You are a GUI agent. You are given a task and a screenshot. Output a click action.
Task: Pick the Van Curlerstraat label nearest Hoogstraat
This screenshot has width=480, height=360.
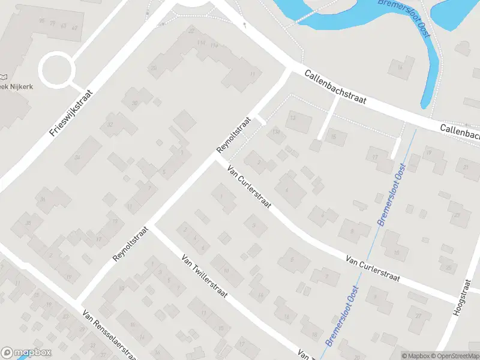coord(373,268)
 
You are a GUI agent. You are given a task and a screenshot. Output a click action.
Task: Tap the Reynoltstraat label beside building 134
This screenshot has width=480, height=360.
coord(233,135)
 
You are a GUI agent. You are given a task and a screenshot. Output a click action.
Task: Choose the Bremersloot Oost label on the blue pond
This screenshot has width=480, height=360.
coord(405,18)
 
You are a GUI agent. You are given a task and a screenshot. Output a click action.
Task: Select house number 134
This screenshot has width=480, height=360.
coord(276,131)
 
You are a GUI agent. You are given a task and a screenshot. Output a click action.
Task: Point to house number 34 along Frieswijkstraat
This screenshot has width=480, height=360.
coord(77,157)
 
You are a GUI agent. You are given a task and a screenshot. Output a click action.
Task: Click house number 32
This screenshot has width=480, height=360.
coord(110,125)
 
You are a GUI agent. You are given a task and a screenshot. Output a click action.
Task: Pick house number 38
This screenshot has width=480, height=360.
coord(28,223)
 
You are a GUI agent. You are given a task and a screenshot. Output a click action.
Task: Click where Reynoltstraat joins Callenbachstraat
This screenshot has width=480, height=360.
coord(290,70)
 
